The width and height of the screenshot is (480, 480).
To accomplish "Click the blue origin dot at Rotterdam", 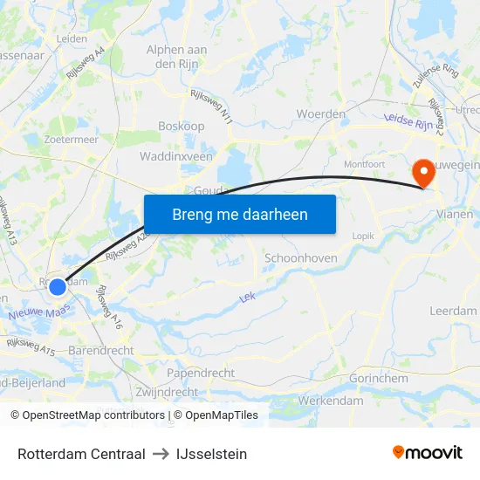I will click(x=58, y=286).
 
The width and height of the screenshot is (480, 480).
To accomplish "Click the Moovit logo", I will click(x=428, y=453).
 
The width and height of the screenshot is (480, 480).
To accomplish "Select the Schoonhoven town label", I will click(x=299, y=258).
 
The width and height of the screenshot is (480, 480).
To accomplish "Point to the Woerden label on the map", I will click(x=320, y=114).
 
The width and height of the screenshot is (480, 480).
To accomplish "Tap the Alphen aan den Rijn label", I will click(x=176, y=57).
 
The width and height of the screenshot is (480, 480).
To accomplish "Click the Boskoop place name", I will click(x=181, y=127).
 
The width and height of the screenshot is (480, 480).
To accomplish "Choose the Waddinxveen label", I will click(x=175, y=156).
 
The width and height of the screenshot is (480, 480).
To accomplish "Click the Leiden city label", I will click(x=72, y=39).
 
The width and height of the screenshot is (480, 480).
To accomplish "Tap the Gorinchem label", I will click(x=378, y=379).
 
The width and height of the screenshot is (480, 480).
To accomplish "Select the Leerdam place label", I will click(x=453, y=311).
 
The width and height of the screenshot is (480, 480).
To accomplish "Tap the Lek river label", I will click(x=247, y=298).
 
